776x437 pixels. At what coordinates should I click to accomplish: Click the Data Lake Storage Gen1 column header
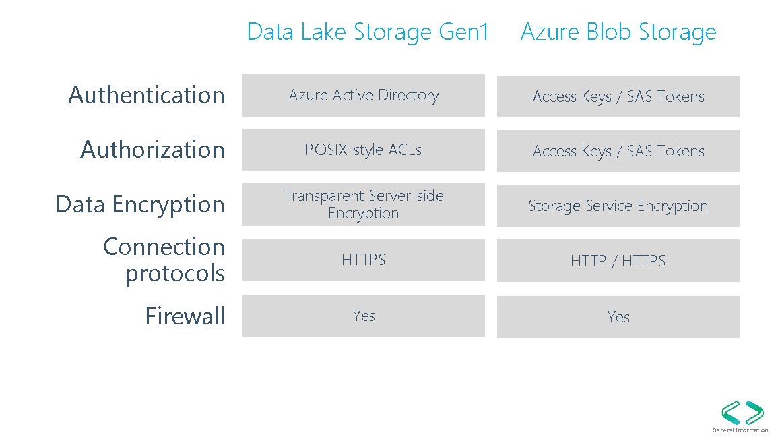(367, 32)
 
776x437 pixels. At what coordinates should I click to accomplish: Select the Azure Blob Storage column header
(618, 32)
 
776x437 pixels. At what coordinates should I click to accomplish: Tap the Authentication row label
(146, 95)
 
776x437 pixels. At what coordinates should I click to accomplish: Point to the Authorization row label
(152, 150)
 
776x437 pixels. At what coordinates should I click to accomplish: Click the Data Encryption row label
(140, 204)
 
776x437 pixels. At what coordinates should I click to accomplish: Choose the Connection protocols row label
(164, 260)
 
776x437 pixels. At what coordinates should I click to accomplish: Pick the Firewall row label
(185, 316)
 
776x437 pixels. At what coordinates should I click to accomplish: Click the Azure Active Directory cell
(364, 96)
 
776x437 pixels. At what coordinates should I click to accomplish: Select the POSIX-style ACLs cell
(364, 150)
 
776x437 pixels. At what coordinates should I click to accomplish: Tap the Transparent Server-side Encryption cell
(364, 204)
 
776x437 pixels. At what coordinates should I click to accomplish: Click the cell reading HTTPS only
(364, 260)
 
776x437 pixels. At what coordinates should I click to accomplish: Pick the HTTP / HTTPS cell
(618, 261)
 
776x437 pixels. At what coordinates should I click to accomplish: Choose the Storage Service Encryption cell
(618, 206)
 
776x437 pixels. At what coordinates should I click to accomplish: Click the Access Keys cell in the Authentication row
(618, 97)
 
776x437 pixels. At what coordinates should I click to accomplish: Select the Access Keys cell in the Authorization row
(618, 152)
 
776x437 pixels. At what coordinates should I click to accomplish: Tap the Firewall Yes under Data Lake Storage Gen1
(364, 316)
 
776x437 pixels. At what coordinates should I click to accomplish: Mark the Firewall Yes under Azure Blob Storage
(618, 317)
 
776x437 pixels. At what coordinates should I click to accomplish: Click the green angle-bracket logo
(742, 412)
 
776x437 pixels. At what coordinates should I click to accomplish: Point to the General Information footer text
(740, 430)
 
